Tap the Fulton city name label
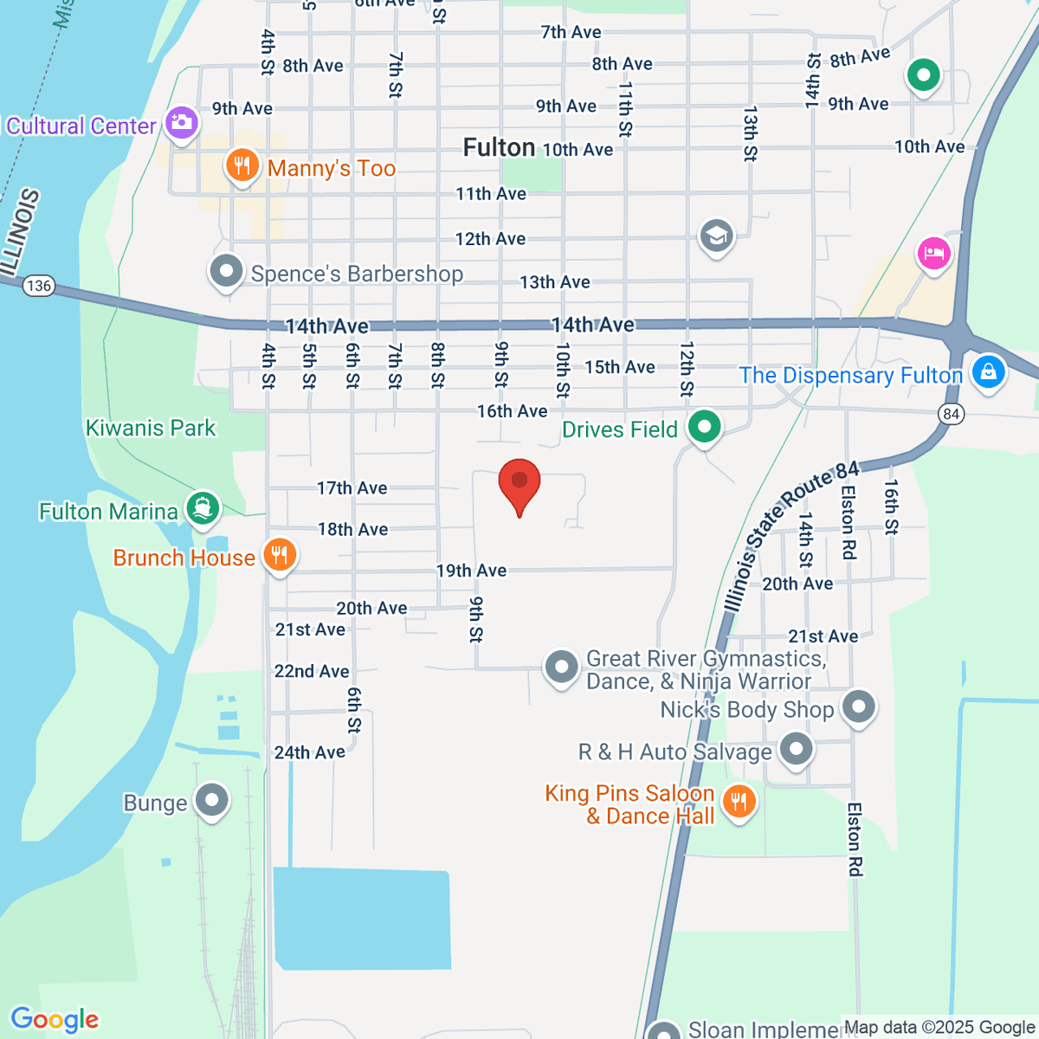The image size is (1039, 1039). pos(499,148)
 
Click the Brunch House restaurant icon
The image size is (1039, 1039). pos(279,554)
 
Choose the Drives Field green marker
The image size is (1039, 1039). pos(704,426)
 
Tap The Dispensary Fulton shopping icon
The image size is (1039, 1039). pos(988,372)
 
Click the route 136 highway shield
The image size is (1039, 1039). pos(39,286)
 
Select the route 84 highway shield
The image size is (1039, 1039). pos(952,414)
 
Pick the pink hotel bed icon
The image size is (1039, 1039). pos(934,254)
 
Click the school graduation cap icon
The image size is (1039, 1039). pos(716,235)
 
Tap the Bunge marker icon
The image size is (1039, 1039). pos(212,800)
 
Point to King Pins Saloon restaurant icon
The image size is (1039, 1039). pos(739,801)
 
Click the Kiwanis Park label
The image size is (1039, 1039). pos(151,428)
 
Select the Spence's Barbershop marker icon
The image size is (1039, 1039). pos(226,271)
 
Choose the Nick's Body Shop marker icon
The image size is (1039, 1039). pos(859,707)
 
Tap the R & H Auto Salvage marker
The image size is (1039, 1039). pos(796,748)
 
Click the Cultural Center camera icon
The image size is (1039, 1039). pos(182,122)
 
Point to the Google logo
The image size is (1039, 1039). pos(55,1020)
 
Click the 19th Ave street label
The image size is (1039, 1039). pos(471,571)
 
